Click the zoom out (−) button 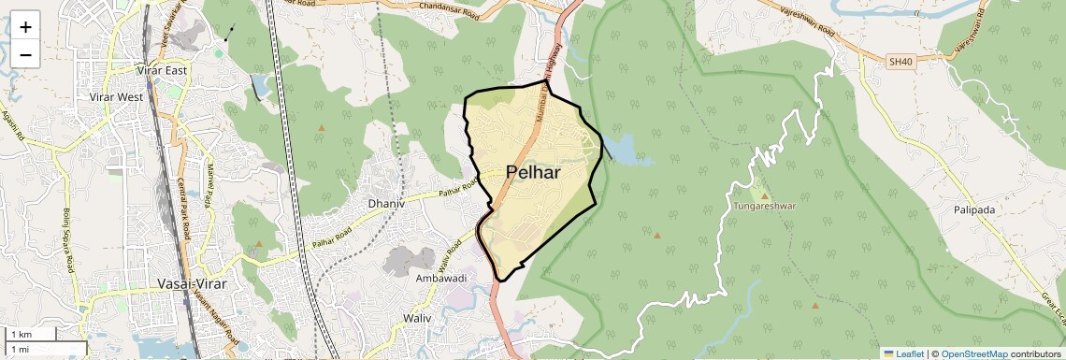[25, 55]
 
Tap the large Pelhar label [533, 172]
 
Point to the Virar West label [115, 96]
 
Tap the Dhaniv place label [385, 202]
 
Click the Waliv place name [417, 318]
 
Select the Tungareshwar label [764, 205]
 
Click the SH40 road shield [900, 62]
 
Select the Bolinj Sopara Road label [68, 238]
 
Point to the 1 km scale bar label [22, 334]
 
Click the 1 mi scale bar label [21, 349]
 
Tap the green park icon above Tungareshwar [764, 193]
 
